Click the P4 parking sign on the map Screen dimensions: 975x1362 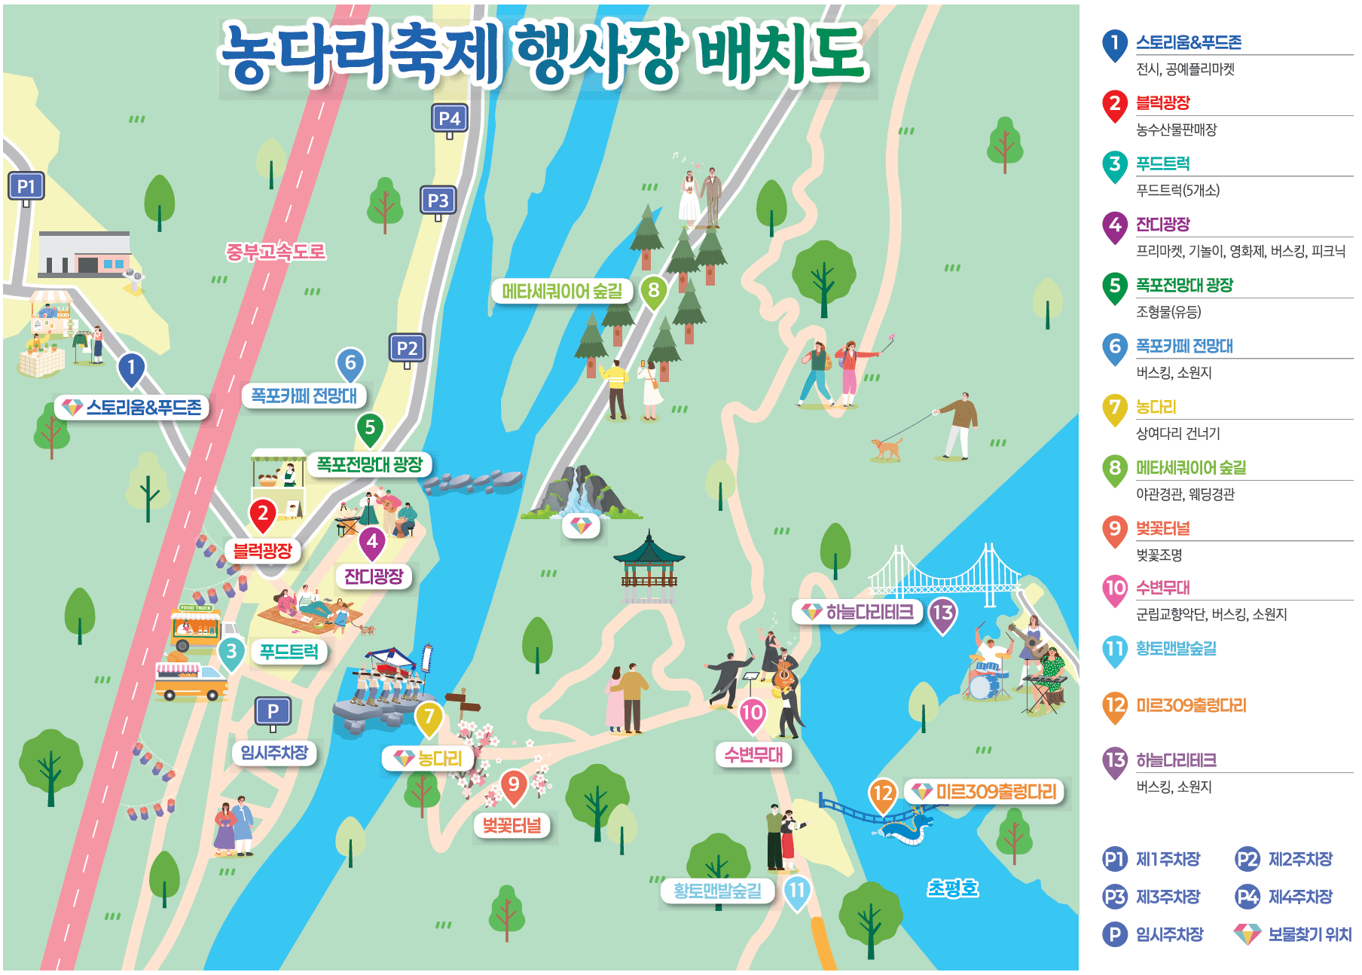pos(449,118)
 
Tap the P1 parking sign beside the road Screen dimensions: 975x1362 pos(26,186)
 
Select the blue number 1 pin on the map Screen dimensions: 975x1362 pos(131,368)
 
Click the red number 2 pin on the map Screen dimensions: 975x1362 pos(263,515)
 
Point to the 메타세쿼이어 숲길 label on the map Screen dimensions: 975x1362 pos(562,291)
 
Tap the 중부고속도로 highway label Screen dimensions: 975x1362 pos(276,251)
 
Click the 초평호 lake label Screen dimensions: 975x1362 pos(952,888)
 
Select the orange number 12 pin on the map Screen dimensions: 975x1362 pos(882,793)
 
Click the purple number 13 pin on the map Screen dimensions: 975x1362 pos(942,613)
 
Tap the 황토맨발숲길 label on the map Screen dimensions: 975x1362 pos(716,891)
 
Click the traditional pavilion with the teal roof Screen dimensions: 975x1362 pos(649,565)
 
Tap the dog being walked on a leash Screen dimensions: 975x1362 pos(887,448)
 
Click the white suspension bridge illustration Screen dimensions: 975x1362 pos(945,576)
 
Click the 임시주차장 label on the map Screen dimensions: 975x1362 pos(274,752)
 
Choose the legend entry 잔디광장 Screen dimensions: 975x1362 pos(1162,225)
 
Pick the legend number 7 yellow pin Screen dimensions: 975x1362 pos(1114,408)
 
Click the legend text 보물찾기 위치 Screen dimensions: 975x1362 pos(1309,934)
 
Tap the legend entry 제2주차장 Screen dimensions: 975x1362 pos(1299,859)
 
